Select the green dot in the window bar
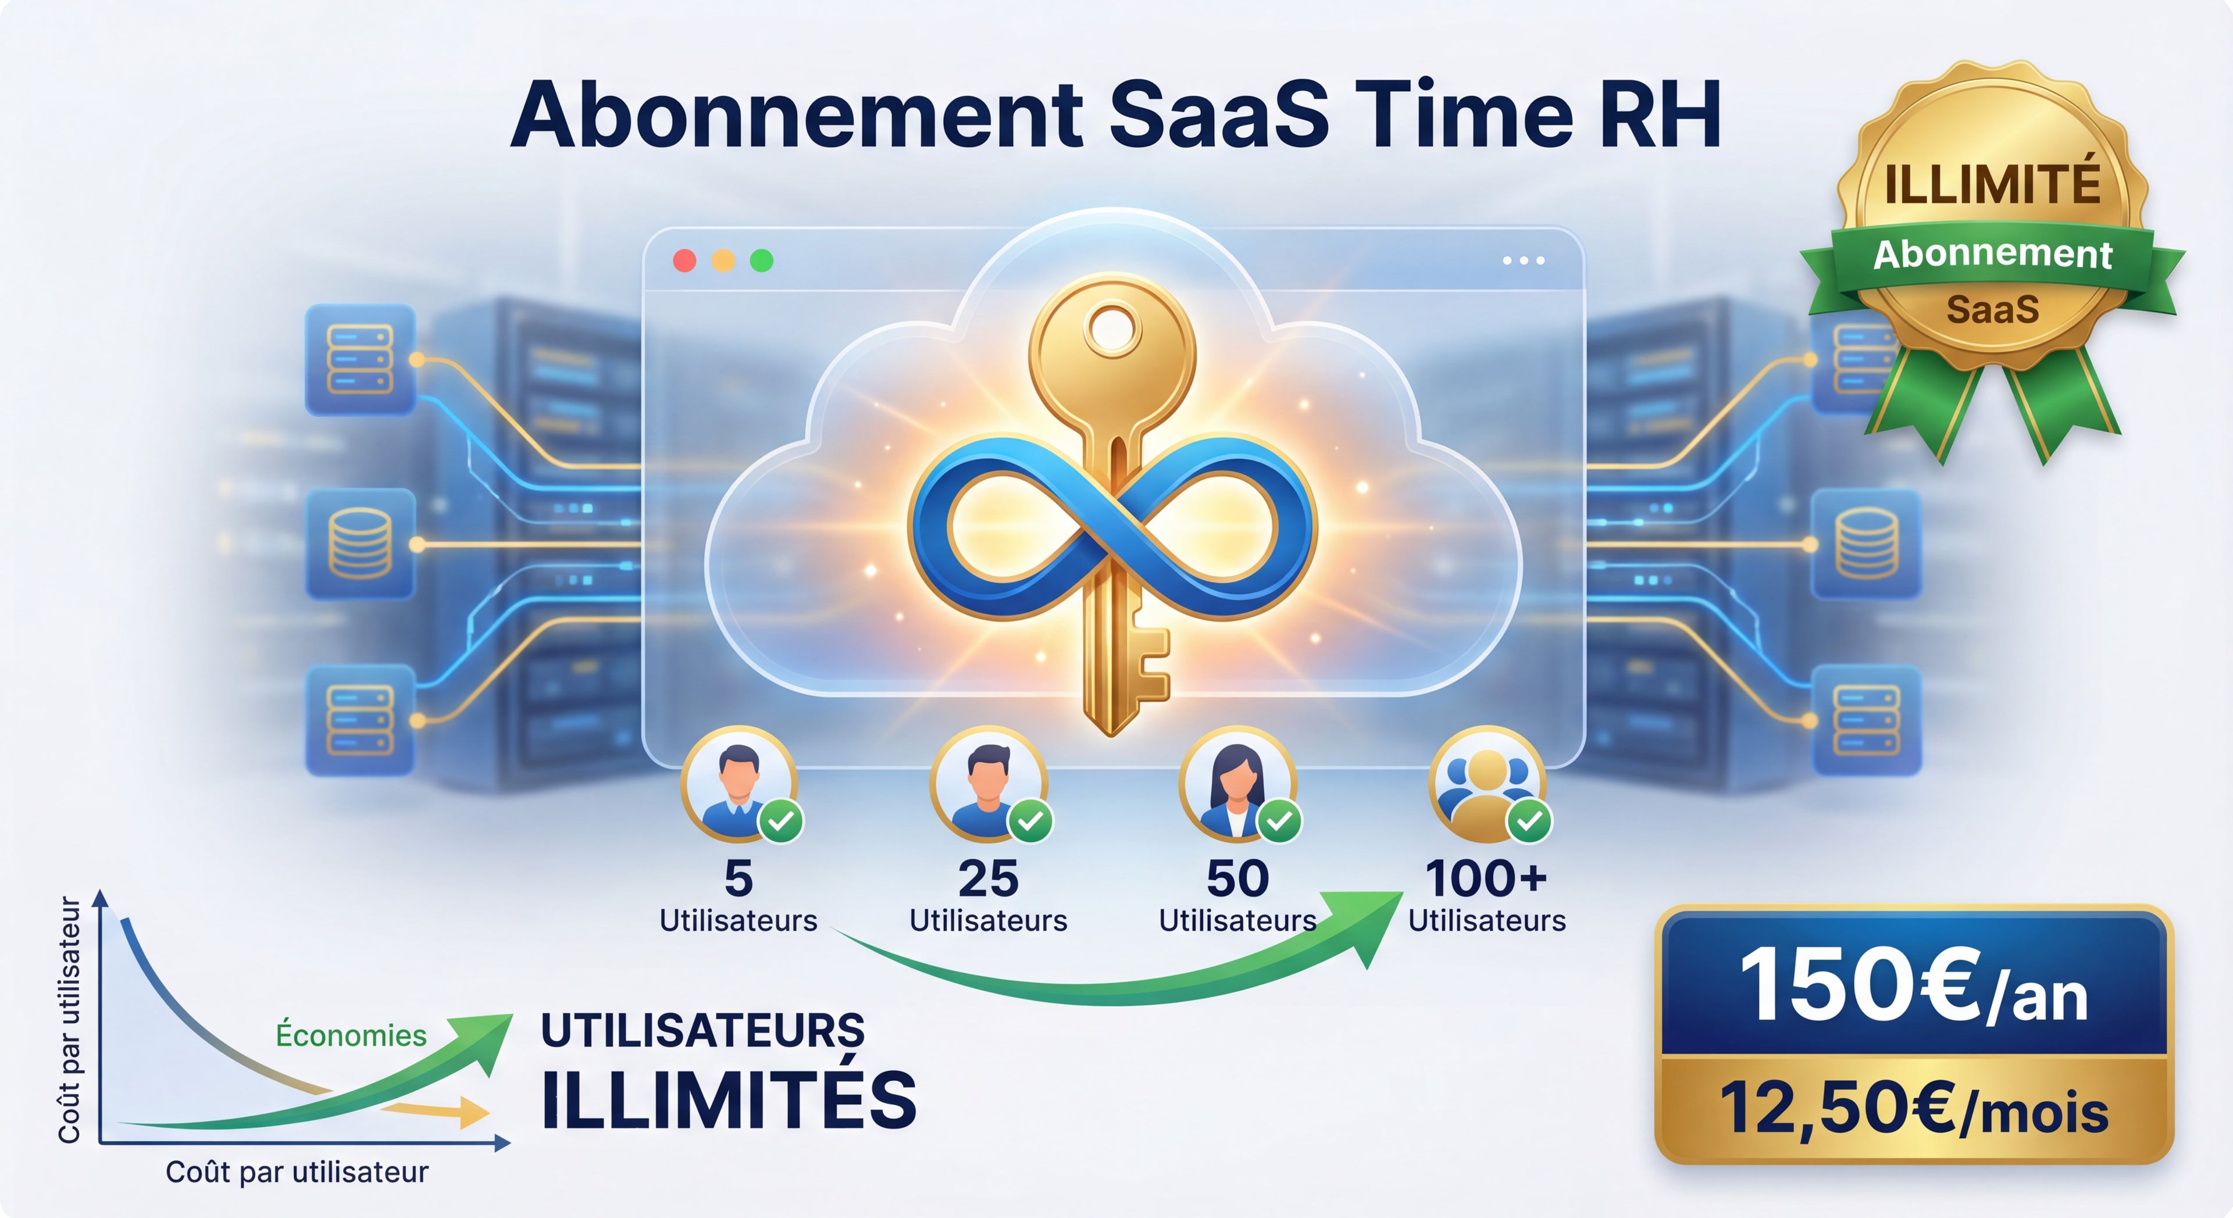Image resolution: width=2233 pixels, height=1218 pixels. (x=761, y=260)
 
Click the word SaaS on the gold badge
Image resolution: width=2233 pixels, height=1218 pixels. (x=1992, y=309)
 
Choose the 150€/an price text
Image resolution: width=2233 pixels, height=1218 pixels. (x=1913, y=987)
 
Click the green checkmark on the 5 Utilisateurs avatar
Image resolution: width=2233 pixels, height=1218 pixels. (x=781, y=820)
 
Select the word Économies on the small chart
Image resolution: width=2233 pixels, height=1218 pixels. (x=351, y=1035)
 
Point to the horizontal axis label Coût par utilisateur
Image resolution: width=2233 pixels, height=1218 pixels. (x=297, y=1172)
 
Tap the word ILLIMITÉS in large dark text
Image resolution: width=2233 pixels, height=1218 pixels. (x=728, y=1101)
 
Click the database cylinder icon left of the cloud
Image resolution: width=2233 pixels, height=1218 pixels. (x=360, y=544)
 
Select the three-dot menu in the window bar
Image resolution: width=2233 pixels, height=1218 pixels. (x=1523, y=260)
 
